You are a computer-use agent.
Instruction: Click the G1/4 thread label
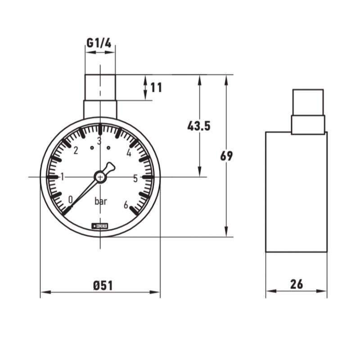[x=99, y=43]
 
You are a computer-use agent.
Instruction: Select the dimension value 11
[x=156, y=87]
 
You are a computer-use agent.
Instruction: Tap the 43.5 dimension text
[x=199, y=126]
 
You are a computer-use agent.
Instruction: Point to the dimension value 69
[x=226, y=156]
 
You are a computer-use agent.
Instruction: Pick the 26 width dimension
[x=296, y=284]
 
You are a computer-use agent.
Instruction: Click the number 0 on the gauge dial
[x=70, y=199]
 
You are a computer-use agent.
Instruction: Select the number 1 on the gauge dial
[x=63, y=176]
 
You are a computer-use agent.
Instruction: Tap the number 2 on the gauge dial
[x=76, y=150]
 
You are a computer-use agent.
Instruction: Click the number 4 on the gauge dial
[x=129, y=153]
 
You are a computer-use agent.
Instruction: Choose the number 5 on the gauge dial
[x=135, y=178]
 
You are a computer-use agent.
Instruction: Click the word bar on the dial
[x=101, y=202]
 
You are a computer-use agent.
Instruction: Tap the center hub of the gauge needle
[x=100, y=177]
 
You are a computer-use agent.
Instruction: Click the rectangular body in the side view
[x=296, y=191]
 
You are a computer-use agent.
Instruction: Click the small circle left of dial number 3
[x=92, y=147]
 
